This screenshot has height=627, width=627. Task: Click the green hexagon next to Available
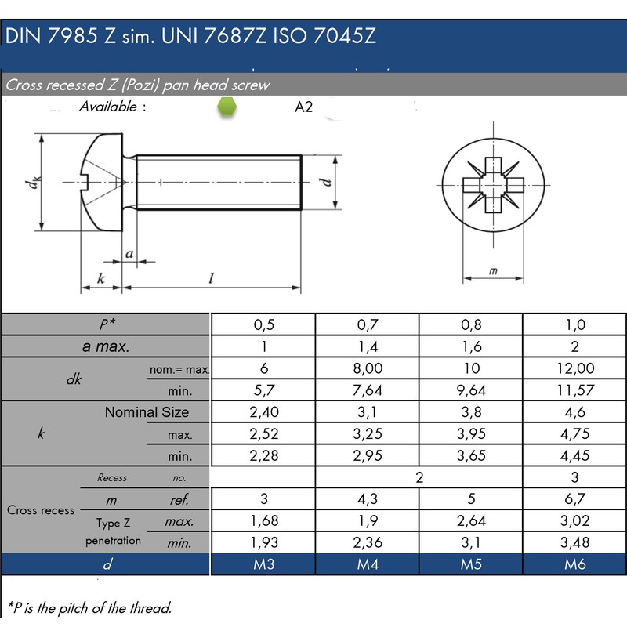point(227,107)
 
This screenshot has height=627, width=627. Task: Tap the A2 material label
point(303,107)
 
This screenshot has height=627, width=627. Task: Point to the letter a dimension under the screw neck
point(129,253)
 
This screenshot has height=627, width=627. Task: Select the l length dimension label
point(211,277)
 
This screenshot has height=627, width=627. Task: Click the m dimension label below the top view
point(493,270)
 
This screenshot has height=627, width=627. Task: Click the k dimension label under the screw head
point(101,278)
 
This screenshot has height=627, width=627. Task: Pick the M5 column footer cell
point(471,564)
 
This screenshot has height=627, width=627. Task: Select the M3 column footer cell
point(263,564)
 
